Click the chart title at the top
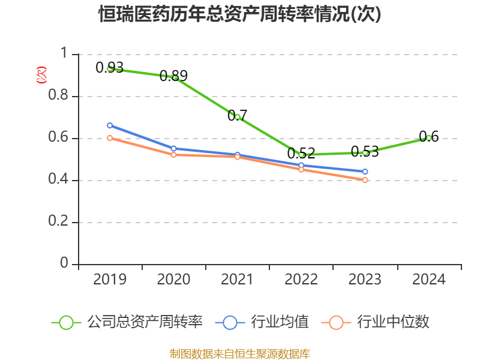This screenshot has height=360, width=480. [x=240, y=14]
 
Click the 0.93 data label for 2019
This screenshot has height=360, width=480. [x=109, y=67]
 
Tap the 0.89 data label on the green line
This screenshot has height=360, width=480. [x=173, y=76]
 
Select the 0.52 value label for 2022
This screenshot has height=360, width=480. [x=301, y=154]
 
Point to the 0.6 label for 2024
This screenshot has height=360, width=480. [x=429, y=136]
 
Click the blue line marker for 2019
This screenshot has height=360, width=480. [x=110, y=125]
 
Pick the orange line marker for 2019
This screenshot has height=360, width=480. [x=110, y=138]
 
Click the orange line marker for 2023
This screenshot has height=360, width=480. [x=365, y=180]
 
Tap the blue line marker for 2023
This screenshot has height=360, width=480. [x=365, y=172]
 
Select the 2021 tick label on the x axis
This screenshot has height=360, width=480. [x=238, y=279]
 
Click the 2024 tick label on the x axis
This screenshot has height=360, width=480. [x=429, y=279]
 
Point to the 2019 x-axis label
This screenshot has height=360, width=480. [x=110, y=279]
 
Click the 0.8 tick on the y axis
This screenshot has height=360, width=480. [x=59, y=96]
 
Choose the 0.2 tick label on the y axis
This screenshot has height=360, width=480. [x=59, y=222]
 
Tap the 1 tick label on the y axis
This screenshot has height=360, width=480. [x=65, y=54]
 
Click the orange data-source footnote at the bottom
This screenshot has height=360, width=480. [x=240, y=353]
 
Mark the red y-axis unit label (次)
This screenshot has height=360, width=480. [x=41, y=75]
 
